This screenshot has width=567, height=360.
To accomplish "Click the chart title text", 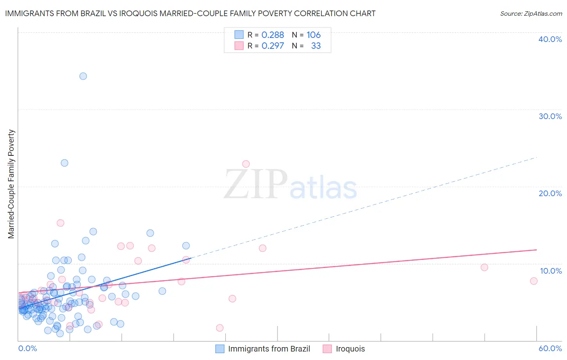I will click(x=190, y=13).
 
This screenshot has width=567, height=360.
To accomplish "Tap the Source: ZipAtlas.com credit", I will click(x=531, y=13).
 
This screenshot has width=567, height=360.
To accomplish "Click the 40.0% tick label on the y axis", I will click(x=550, y=39).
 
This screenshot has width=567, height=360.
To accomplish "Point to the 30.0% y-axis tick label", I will click(x=550, y=116).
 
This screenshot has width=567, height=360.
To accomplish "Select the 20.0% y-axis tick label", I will click(x=550, y=193).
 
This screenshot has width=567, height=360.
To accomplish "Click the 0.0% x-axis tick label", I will click(x=27, y=348).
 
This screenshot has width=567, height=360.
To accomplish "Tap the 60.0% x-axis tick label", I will click(x=550, y=348).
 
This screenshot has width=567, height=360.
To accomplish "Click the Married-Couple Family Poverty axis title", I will click(x=11, y=184).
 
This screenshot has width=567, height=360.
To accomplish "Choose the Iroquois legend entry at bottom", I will click(x=350, y=349).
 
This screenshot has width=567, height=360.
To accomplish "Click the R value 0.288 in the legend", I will click(x=273, y=35).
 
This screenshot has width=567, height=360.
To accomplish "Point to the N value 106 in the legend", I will click(x=313, y=35).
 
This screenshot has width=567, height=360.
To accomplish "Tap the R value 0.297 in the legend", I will click(x=273, y=46).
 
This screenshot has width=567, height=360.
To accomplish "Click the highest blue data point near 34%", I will click(x=83, y=76).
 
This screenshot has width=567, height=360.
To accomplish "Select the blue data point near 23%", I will click(x=65, y=163).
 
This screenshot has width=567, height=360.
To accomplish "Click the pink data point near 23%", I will click(x=246, y=164).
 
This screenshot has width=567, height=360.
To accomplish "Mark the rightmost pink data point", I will click(x=534, y=281).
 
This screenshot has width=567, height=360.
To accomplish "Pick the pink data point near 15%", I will click(x=60, y=223).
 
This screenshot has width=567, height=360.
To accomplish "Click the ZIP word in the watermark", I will click(x=256, y=184).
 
